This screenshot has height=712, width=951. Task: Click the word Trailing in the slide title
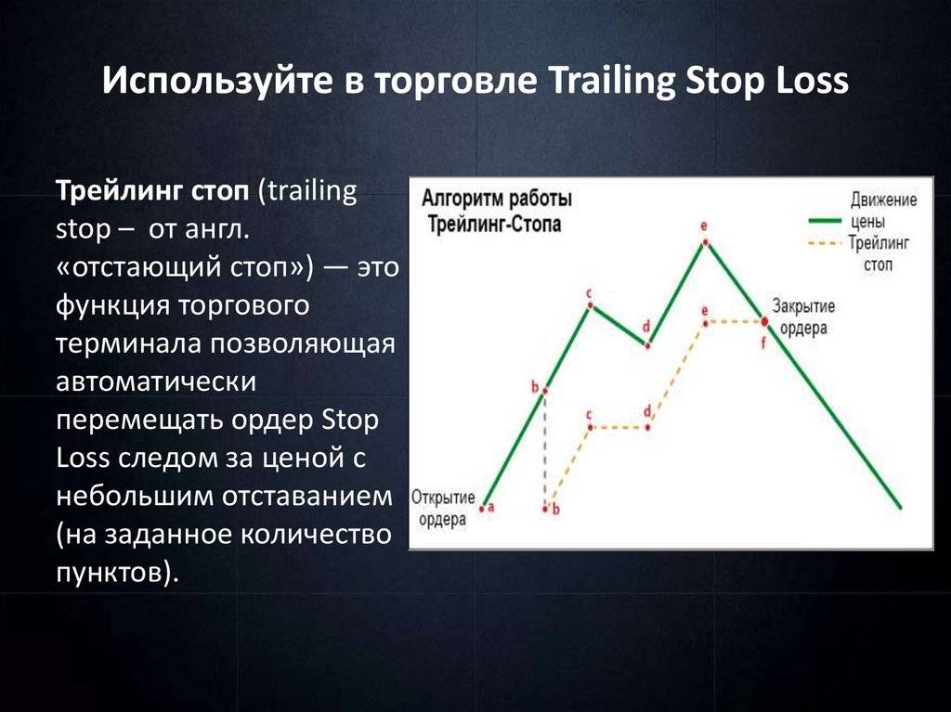(x=611, y=82)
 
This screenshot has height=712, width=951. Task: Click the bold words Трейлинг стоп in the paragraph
(x=152, y=191)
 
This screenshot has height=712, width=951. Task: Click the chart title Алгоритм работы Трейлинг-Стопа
(x=496, y=211)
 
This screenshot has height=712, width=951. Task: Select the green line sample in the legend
(x=825, y=221)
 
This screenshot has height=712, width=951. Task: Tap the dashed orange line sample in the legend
(x=825, y=244)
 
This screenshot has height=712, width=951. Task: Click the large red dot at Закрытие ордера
(x=764, y=321)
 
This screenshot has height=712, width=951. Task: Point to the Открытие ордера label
(x=443, y=508)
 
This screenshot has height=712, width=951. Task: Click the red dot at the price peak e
(x=706, y=242)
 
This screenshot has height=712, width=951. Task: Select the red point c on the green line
(x=590, y=306)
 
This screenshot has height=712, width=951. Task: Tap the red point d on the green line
(x=647, y=345)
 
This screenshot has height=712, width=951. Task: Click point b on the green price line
(x=544, y=391)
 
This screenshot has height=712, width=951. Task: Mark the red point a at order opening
(x=482, y=508)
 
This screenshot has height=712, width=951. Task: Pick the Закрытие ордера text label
(x=803, y=317)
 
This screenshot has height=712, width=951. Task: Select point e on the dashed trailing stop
(x=706, y=323)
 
